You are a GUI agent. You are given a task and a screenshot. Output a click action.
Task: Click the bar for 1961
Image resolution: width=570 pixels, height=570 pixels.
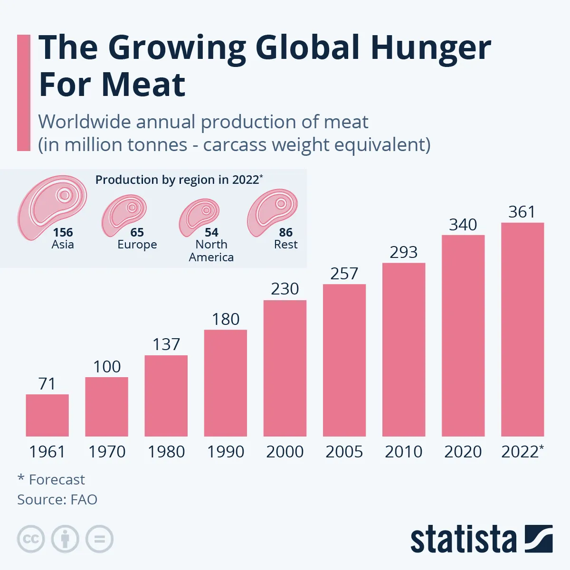tap(47, 415)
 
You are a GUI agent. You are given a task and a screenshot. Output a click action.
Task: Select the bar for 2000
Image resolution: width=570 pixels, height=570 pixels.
tap(285, 368)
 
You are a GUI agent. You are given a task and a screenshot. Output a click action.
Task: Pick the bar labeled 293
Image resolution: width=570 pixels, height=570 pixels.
tap(404, 349)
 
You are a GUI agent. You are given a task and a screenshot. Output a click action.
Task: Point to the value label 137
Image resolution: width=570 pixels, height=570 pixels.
tap(166, 344)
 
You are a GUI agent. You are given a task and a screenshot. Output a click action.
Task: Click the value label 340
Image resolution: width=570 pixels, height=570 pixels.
tap(463, 225)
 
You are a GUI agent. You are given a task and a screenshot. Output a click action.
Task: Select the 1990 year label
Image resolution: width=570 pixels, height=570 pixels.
tap(226, 452)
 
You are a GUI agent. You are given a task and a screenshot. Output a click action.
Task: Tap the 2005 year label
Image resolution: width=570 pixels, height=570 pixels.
tap(344, 452)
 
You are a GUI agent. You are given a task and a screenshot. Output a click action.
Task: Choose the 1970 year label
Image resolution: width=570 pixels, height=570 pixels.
tap(107, 452)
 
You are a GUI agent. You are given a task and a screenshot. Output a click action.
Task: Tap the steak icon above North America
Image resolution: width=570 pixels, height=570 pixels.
tap(199, 217)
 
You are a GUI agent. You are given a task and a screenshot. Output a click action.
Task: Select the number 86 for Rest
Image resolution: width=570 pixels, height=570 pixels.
tap(285, 232)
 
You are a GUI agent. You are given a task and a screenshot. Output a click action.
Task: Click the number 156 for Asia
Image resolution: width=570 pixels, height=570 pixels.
tap(63, 232)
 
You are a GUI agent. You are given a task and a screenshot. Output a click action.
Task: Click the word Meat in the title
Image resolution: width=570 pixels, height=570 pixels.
tap(143, 85)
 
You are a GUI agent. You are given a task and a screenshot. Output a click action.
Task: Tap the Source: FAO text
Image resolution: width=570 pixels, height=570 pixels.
tap(57, 500)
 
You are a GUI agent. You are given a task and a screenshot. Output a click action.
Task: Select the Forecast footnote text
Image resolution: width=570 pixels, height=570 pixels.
tap(57, 480)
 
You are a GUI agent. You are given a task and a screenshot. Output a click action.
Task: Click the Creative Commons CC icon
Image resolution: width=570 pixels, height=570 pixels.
tap(31, 539)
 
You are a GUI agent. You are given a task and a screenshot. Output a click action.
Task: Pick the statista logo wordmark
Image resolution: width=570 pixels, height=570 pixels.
tap(463, 540)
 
